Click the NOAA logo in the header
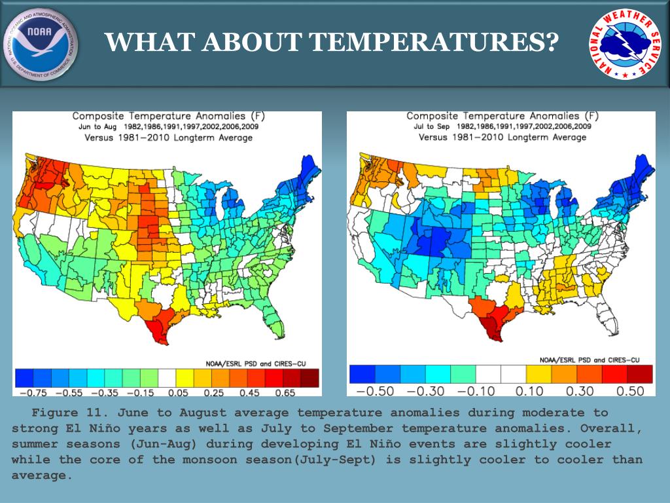coord(41,44)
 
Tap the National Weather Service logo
coord(625,45)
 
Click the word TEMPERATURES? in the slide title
coord(433,42)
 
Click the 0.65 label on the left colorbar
coord(285,392)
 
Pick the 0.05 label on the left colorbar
coord(178,392)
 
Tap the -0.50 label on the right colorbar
coord(375,391)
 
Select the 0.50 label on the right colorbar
coord(630,391)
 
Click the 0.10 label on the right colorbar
coord(529,391)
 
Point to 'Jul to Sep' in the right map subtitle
coord(431,126)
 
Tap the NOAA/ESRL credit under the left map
coord(256,363)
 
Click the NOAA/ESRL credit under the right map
coord(590,360)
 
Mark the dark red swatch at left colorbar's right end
coord(309,378)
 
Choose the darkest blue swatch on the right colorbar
coord(362,374)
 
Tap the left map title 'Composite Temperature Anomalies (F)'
coord(168,116)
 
